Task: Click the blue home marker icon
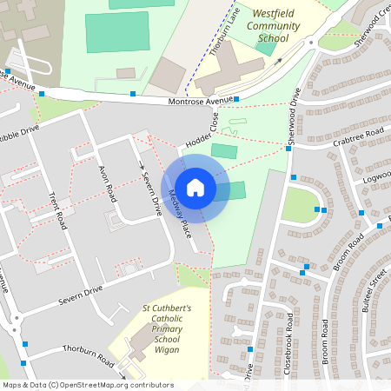pyautogui.click(x=195, y=188)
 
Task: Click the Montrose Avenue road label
pyautogui.click(x=200, y=103)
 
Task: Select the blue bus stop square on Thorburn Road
pyautogui.click(x=25, y=345)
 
